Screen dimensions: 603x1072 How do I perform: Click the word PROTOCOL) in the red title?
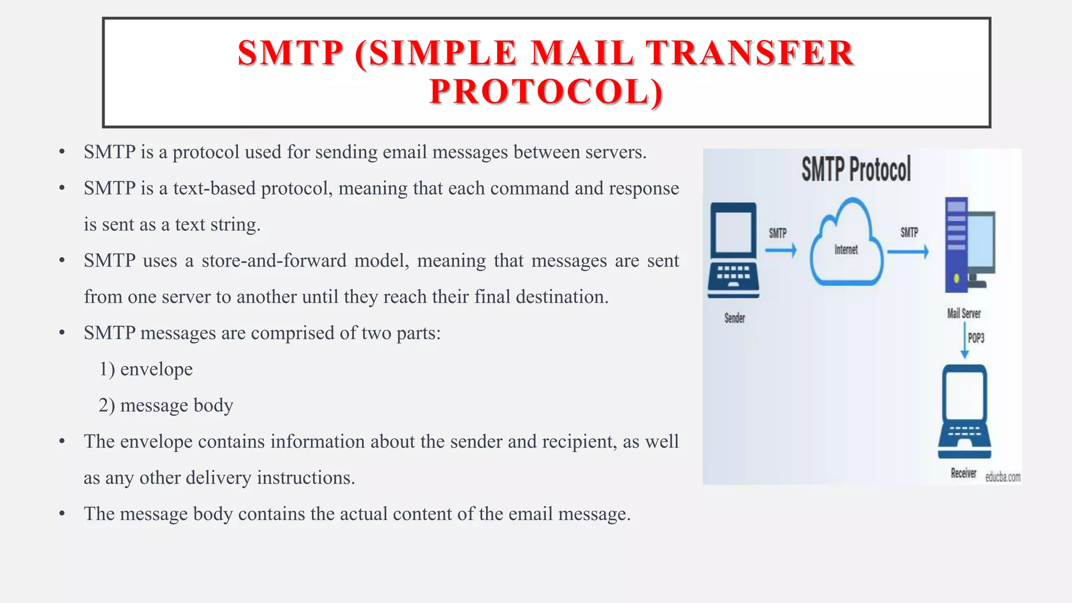[x=546, y=92]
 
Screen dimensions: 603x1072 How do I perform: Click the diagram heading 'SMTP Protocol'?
[x=856, y=169]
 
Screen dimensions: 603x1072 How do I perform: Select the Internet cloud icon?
[x=846, y=243]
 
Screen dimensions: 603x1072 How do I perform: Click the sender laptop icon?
[x=733, y=250]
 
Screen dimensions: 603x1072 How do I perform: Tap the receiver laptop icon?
[x=965, y=412]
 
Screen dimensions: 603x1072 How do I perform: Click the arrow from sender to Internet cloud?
[x=780, y=251]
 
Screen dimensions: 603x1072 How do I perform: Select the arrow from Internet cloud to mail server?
[x=908, y=252]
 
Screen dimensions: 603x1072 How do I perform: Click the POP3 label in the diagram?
[x=976, y=338]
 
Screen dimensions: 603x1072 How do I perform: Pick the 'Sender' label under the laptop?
[x=734, y=318]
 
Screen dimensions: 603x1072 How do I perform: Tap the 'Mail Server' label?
[x=964, y=314]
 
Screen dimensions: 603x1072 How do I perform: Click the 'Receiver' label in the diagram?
[x=963, y=473]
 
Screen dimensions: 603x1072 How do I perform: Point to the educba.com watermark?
[x=1002, y=477]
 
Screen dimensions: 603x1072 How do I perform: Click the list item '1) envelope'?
[x=146, y=370]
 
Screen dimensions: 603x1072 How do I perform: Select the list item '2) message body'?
[x=166, y=406]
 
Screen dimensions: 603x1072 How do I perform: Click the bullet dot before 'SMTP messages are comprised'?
[x=62, y=333]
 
